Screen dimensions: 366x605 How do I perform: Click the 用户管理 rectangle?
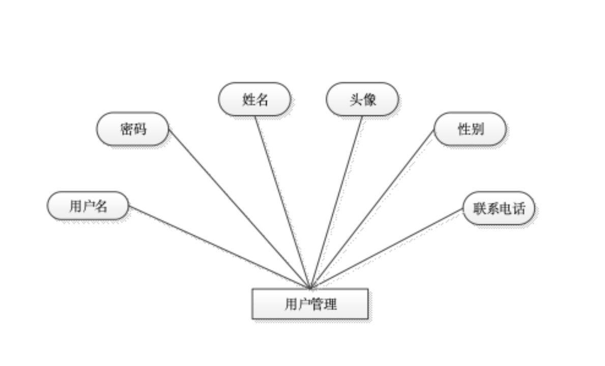(x=310, y=304)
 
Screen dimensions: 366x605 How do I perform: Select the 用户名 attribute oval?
(x=88, y=206)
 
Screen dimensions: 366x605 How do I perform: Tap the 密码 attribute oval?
(x=132, y=129)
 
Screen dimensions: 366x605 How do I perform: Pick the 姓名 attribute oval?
(x=254, y=100)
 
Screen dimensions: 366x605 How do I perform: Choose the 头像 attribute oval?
(x=362, y=100)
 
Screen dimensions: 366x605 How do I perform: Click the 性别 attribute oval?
(x=470, y=129)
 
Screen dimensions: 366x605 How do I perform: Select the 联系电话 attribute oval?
(x=499, y=208)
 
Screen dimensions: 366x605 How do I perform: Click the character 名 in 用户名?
(x=101, y=206)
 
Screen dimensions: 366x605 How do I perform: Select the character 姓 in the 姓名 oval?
(x=248, y=100)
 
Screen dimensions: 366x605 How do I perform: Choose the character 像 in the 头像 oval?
(x=369, y=100)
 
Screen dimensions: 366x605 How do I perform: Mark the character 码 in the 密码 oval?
(x=139, y=129)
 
